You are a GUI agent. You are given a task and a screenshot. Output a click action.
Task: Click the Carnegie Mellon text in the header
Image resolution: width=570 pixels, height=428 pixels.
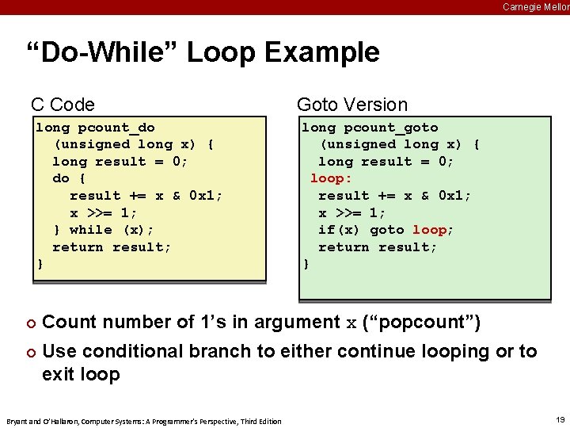click(x=536, y=6)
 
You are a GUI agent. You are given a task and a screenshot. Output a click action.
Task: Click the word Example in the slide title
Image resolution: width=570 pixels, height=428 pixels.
click(x=322, y=53)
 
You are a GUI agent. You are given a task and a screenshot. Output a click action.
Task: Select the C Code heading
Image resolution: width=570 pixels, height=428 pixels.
click(x=63, y=105)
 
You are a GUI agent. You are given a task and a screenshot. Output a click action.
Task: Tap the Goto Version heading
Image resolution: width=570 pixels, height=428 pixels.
click(x=351, y=105)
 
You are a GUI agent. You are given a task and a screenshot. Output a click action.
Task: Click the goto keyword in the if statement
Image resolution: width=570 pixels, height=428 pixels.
click(x=386, y=230)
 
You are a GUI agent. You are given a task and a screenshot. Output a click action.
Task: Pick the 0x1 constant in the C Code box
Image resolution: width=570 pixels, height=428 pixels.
click(x=206, y=196)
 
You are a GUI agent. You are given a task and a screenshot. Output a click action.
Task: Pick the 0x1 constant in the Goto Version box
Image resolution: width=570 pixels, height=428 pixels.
click(x=454, y=196)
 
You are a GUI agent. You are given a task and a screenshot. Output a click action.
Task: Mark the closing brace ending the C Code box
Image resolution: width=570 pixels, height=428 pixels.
click(x=39, y=264)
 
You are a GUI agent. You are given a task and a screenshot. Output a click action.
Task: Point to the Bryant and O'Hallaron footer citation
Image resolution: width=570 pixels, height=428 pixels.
click(x=143, y=421)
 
